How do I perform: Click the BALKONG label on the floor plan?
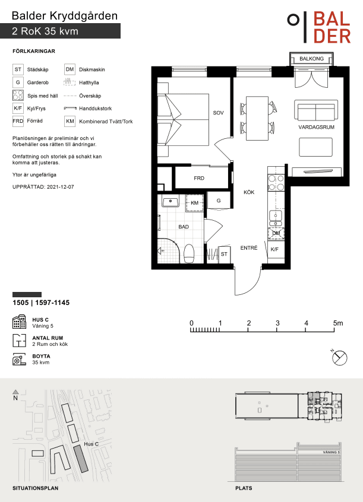click(311, 59)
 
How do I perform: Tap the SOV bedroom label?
click(219, 113)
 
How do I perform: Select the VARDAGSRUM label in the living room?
click(316, 127)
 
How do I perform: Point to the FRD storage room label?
click(199, 178)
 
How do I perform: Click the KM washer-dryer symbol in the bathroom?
click(195, 203)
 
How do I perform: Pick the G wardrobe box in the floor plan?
click(219, 201)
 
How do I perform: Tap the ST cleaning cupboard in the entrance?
click(224, 254)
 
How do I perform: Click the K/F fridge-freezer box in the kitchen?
click(276, 249)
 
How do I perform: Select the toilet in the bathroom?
click(189, 253)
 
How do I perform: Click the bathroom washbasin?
click(170, 202)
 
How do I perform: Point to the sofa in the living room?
click(316, 110)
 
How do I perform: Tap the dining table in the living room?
click(257, 119)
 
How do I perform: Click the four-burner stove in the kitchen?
click(276, 183)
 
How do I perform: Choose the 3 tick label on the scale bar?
click(277, 323)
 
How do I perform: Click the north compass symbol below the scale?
click(339, 357)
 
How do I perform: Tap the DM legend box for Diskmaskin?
click(70, 69)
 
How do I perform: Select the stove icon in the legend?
click(18, 96)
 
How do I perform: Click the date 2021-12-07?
click(60, 187)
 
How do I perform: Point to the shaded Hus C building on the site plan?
click(81, 459)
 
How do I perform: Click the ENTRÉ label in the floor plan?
click(249, 248)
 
